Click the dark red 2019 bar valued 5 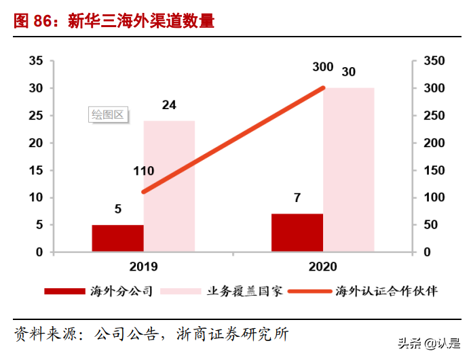click(x=117, y=238)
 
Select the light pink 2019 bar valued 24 click(x=169, y=186)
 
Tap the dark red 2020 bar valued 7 click(x=297, y=233)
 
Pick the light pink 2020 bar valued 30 click(x=348, y=169)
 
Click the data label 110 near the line click(x=144, y=171)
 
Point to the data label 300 click(x=322, y=67)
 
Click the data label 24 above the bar click(x=169, y=105)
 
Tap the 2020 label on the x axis click(x=322, y=266)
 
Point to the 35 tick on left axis click(x=36, y=62)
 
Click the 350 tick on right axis click(x=434, y=62)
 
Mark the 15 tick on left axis click(x=36, y=170)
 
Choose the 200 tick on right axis click(x=434, y=143)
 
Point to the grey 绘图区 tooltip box click(x=109, y=115)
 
